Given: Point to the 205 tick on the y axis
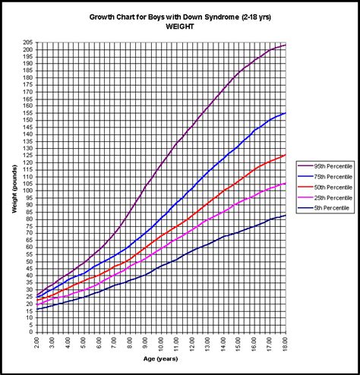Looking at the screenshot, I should click(27, 43).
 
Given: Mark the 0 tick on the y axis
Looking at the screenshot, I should click(30, 331).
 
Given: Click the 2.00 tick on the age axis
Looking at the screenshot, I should click(36, 343).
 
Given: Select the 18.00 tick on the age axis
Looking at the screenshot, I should click(286, 343).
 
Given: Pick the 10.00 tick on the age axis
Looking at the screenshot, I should click(161, 343).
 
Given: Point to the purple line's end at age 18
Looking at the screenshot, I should click(286, 46).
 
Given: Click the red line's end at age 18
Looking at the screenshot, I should click(286, 155).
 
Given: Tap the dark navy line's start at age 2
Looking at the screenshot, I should click(36, 308).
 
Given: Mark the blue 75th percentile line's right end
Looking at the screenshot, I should click(286, 113).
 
